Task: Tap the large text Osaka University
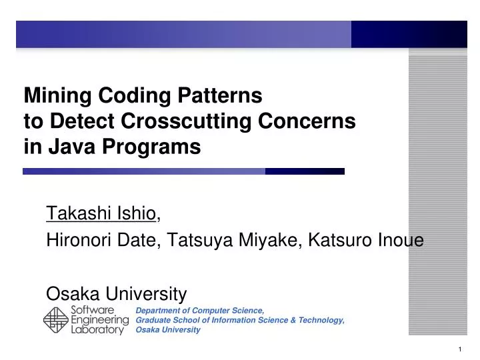pos(116,293)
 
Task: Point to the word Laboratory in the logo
pos(97,330)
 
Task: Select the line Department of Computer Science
pos(200,311)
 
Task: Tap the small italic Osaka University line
pos(168,330)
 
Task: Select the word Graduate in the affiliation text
pos(153,320)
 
